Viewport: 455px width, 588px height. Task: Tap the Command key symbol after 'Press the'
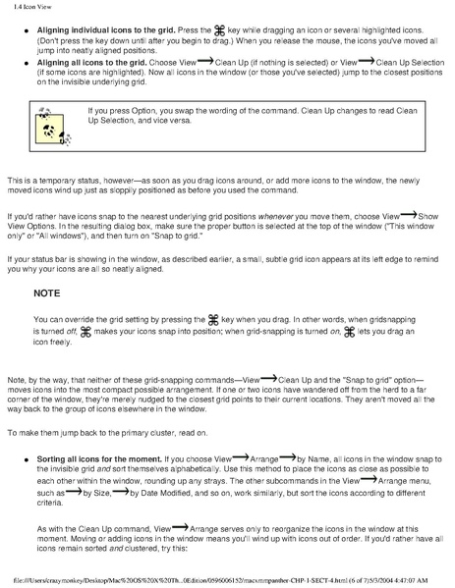[206, 29]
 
